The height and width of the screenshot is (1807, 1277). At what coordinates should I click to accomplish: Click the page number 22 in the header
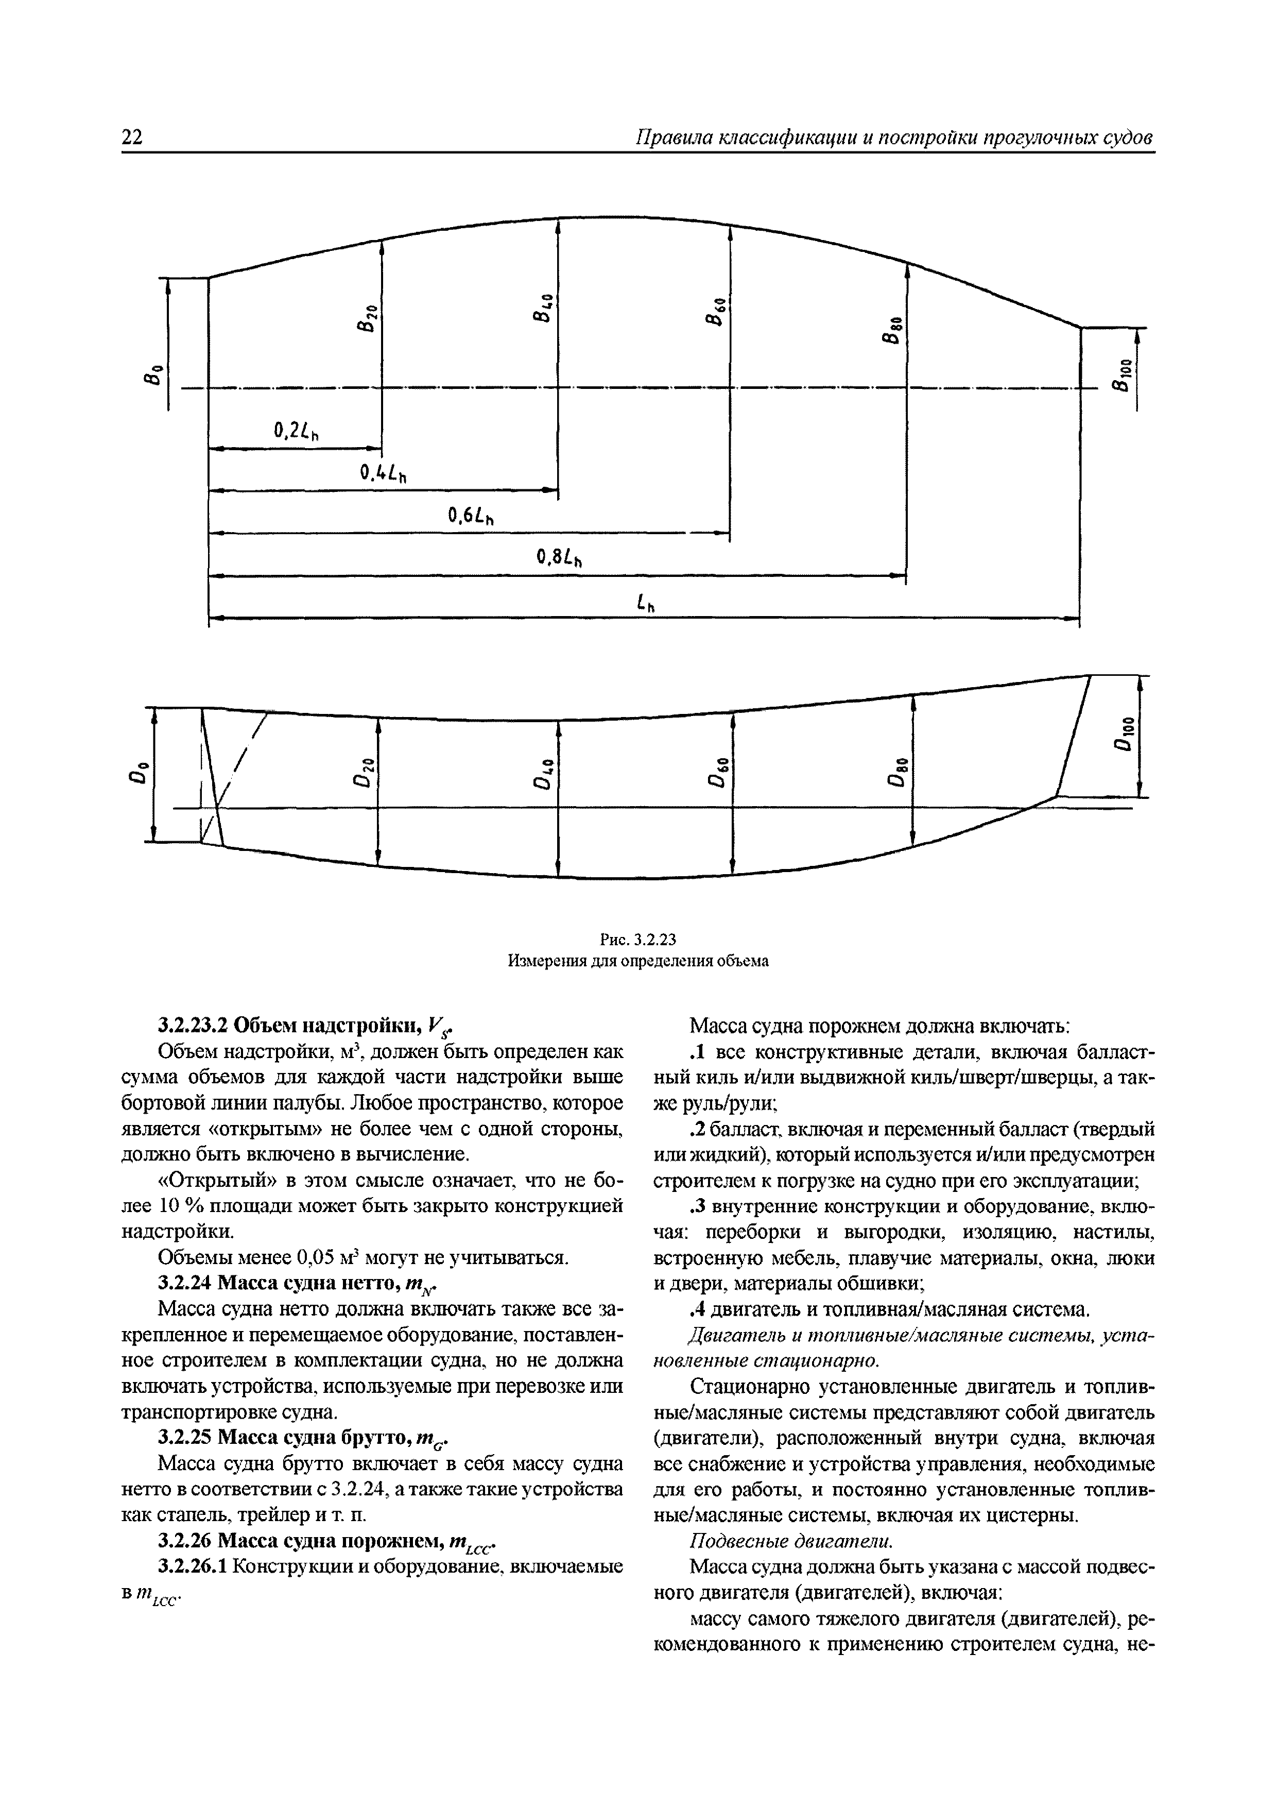[x=132, y=138]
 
